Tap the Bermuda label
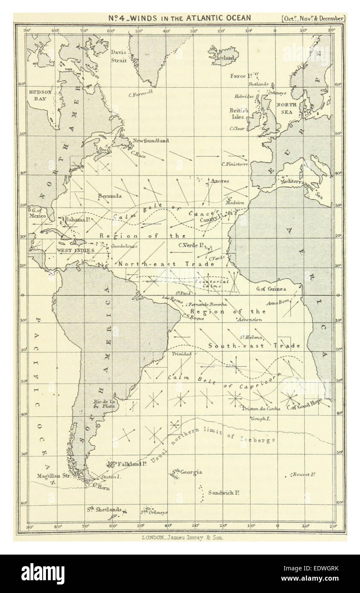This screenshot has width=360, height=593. click(x=110, y=196)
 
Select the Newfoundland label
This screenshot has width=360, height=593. click(x=151, y=140)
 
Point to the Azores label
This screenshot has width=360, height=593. click(x=219, y=181)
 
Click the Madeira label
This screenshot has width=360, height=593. click(x=235, y=202)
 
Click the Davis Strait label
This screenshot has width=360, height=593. click(x=119, y=56)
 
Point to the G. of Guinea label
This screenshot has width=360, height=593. click(x=271, y=289)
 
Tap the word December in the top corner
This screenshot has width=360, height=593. click(x=332, y=18)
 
